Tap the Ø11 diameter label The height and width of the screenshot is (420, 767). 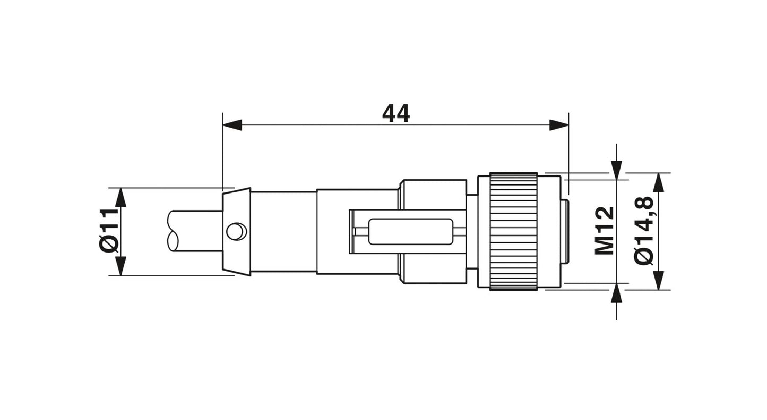pyautogui.click(x=108, y=231)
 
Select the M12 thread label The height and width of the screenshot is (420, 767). pyautogui.click(x=605, y=231)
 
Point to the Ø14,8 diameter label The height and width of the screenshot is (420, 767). pyautogui.click(x=644, y=231)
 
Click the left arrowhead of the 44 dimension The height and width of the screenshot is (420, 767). pyautogui.click(x=232, y=125)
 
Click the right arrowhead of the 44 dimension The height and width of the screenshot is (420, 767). pyautogui.click(x=559, y=125)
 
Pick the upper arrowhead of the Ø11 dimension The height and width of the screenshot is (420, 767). pyautogui.click(x=121, y=197)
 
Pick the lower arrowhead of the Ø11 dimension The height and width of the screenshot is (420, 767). pyautogui.click(x=121, y=266)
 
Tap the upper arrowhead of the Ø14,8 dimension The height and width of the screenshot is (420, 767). pyautogui.click(x=658, y=182)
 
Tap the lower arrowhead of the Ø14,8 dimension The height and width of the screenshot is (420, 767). pyautogui.click(x=658, y=280)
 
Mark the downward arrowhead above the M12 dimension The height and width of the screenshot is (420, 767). pyautogui.click(x=616, y=170)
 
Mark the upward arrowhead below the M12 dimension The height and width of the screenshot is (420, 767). pyautogui.click(x=616, y=293)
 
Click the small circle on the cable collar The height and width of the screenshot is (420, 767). pyautogui.click(x=236, y=231)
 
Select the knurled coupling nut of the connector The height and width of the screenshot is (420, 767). pyautogui.click(x=513, y=231)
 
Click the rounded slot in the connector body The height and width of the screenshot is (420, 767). pyautogui.click(x=411, y=232)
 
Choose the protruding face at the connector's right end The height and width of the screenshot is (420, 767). pyautogui.click(x=565, y=231)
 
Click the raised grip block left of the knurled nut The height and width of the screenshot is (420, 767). pyautogui.click(x=432, y=194)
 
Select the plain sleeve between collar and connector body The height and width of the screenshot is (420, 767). pyautogui.click(x=283, y=231)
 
